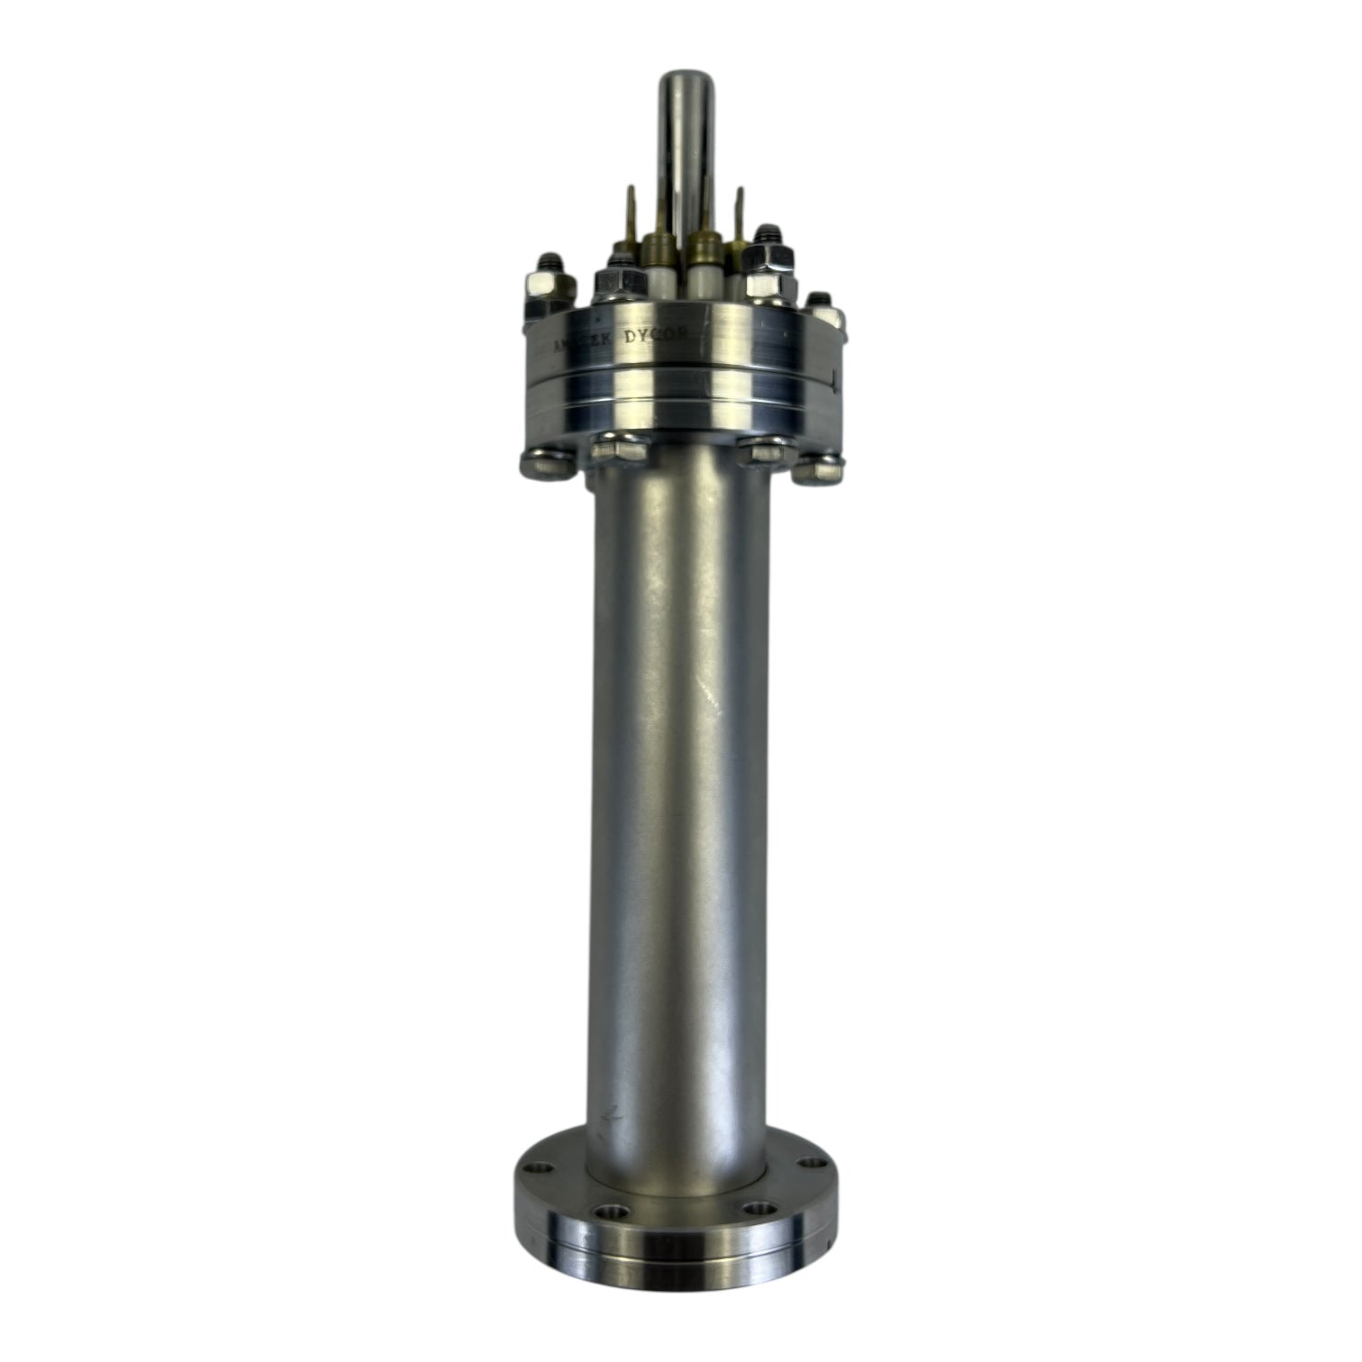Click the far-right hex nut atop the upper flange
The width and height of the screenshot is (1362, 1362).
coord(821,309)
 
